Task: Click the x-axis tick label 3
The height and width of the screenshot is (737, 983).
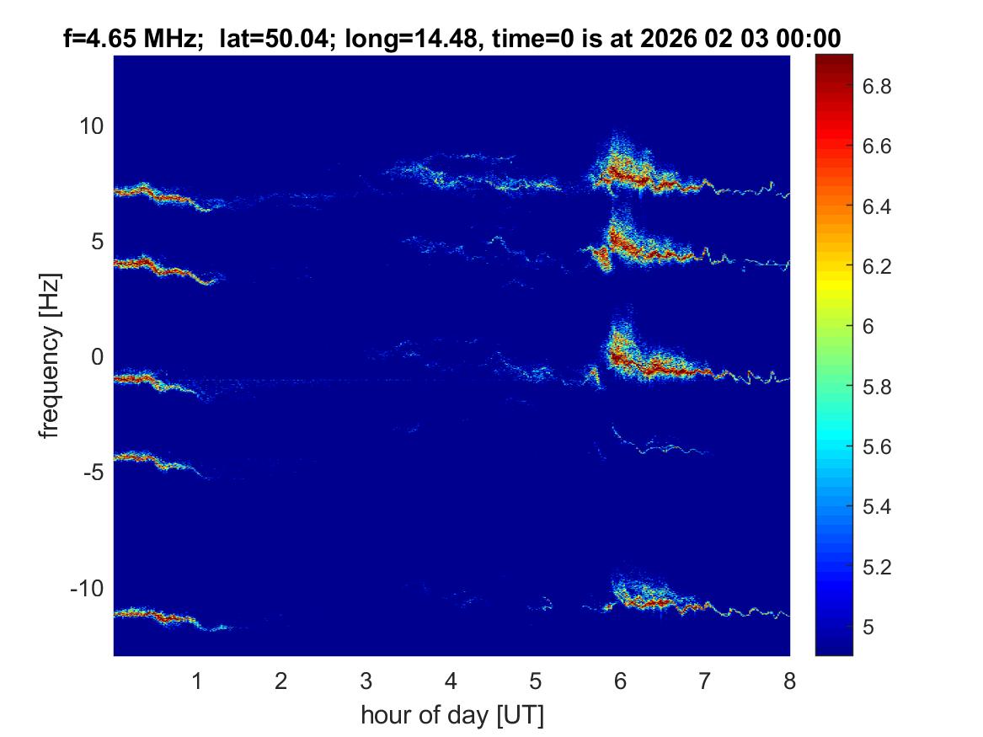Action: pos(366,681)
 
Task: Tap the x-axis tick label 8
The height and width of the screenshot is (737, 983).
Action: pos(789,681)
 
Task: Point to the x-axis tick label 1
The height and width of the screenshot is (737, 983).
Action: pos(197,681)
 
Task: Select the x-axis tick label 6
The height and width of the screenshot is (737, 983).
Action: pos(620,681)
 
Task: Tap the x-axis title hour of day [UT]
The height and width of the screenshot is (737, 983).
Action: pos(451,716)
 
